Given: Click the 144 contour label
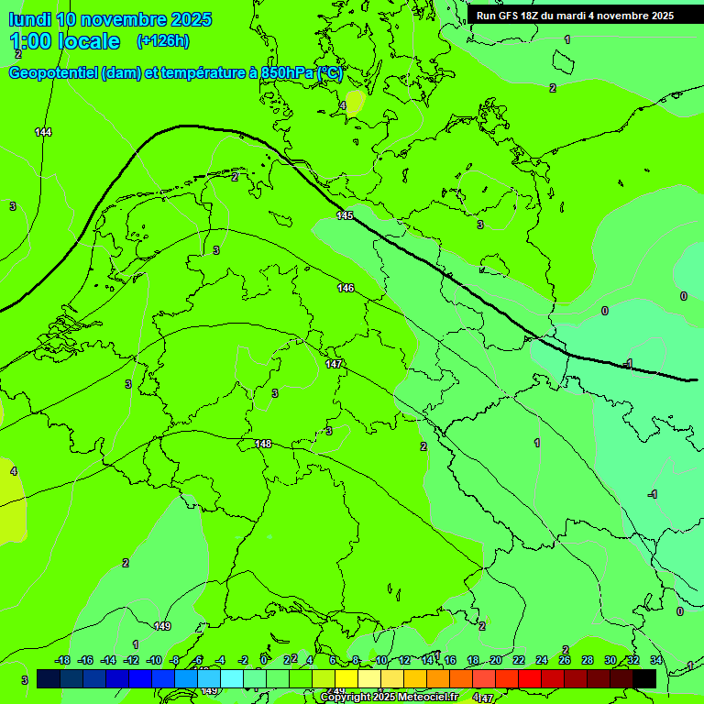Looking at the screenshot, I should [43, 133].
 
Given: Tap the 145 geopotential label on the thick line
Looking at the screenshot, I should [345, 215].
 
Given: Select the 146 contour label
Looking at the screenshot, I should [346, 289].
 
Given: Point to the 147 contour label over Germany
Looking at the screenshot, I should [335, 364].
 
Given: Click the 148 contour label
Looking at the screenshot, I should [263, 444].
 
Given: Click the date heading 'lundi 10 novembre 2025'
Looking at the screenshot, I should [110, 19].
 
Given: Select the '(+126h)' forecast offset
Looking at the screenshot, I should [163, 41].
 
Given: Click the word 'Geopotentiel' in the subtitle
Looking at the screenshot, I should [54, 73].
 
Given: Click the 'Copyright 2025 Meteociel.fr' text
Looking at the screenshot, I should [390, 697].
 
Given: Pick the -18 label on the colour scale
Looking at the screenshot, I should [62, 661].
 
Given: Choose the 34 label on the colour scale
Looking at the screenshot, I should [656, 661].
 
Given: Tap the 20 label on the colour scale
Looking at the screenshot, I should [496, 661].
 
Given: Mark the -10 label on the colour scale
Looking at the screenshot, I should [153, 661].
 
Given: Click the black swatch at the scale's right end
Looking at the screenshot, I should [644, 678].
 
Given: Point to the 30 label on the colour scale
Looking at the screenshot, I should [610, 661].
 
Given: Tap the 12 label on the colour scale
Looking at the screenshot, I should [404, 661].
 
